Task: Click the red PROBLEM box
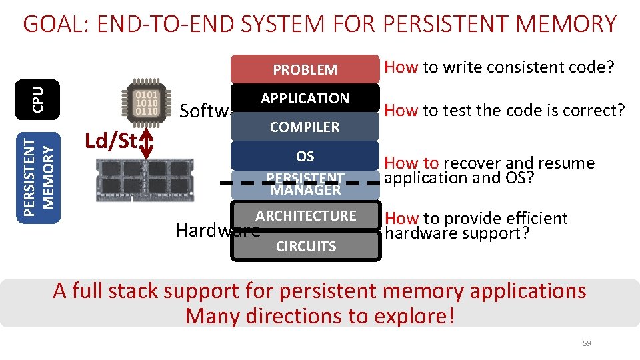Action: [305, 69]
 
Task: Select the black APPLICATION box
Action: [305, 98]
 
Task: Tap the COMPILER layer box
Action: [305, 127]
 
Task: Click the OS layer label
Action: [305, 156]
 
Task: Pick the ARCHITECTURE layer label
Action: [306, 215]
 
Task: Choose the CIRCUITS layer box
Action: [306, 246]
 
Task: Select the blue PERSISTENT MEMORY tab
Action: [38, 169]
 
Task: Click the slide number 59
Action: [587, 343]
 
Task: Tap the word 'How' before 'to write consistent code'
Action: [401, 67]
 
